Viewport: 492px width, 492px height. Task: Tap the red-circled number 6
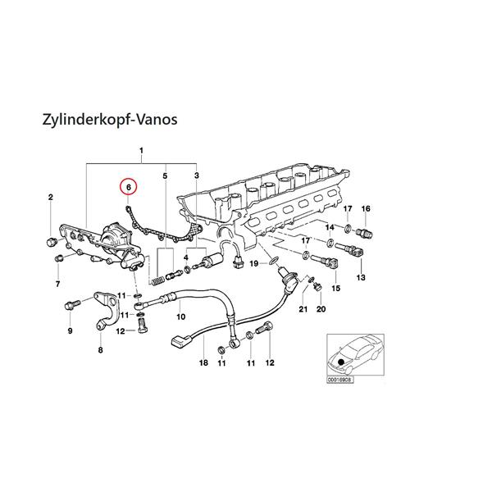click(x=128, y=187)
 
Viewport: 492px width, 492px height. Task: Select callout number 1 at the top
click(x=141, y=151)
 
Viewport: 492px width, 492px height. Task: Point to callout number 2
click(x=50, y=198)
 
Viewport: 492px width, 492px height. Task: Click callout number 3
click(x=197, y=175)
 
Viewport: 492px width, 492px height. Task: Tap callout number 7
click(x=57, y=284)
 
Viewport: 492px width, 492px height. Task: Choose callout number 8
click(x=100, y=350)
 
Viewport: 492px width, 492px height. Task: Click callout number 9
click(x=70, y=330)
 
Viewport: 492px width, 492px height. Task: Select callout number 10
click(x=180, y=317)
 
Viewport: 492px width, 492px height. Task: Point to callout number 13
click(x=359, y=279)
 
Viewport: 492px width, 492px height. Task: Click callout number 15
click(x=335, y=288)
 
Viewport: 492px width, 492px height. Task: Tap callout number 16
click(x=366, y=208)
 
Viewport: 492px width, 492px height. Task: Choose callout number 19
click(x=254, y=263)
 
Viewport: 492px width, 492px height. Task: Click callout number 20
click(x=321, y=309)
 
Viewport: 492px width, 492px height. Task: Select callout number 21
click(x=303, y=309)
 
